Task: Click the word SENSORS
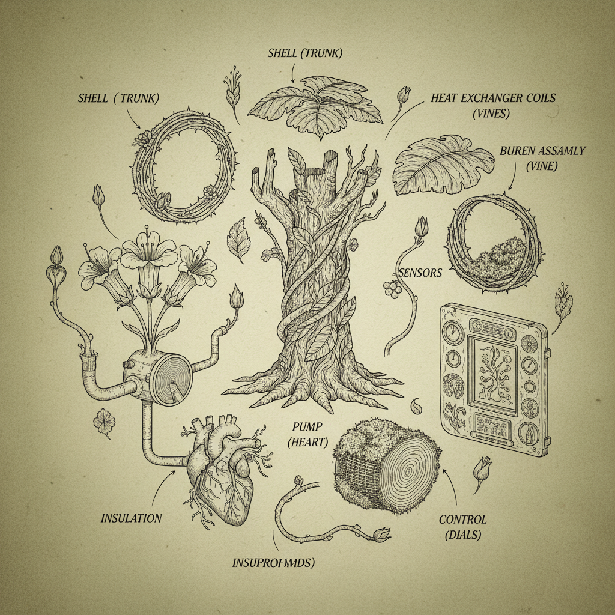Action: (420, 273)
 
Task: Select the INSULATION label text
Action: (131, 518)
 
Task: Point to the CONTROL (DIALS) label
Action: (462, 527)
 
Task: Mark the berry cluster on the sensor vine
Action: (393, 289)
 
